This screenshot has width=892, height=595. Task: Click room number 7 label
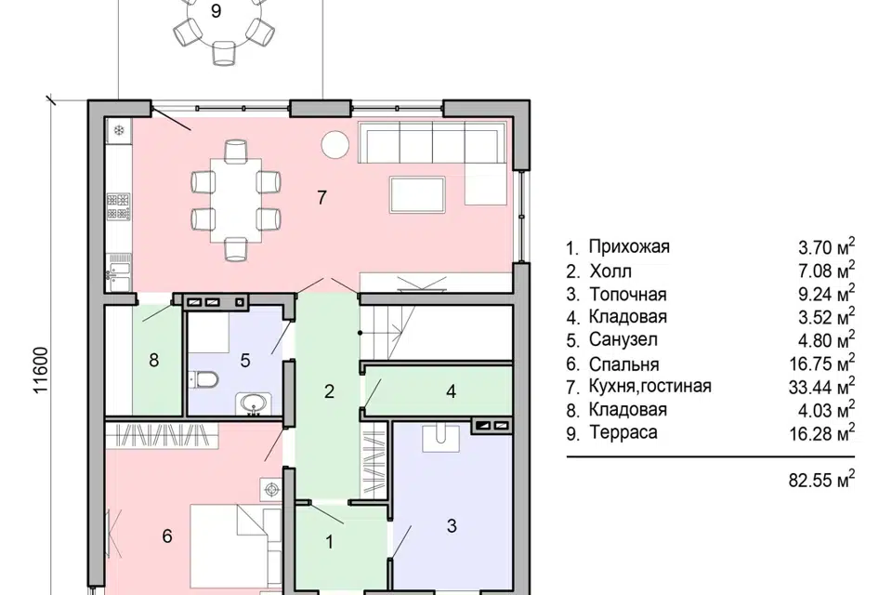pyautogui.click(x=322, y=198)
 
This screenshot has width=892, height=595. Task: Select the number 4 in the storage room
pyautogui.click(x=452, y=391)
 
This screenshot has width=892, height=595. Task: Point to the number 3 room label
pyautogui.click(x=452, y=525)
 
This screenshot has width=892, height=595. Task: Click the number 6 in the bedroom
pyautogui.click(x=167, y=535)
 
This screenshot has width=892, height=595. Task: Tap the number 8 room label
pyautogui.click(x=153, y=361)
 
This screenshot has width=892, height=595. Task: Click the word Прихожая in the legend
pyautogui.click(x=629, y=247)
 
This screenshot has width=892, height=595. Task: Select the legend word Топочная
pyautogui.click(x=627, y=295)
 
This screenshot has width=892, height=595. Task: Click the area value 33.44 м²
pyautogui.click(x=821, y=386)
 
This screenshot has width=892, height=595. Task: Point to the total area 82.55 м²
pyautogui.click(x=821, y=480)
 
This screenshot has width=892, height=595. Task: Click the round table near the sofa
pyautogui.click(x=334, y=145)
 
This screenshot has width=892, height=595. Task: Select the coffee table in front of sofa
pyautogui.click(x=417, y=194)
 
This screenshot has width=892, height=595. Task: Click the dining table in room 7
pyautogui.click(x=236, y=201)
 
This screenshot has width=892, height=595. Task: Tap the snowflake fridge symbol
pyautogui.click(x=119, y=130)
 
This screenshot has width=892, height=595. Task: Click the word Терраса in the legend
pyautogui.click(x=623, y=432)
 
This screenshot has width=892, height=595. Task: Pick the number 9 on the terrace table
pyautogui.click(x=216, y=11)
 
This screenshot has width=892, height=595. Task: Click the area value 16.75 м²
pyautogui.click(x=821, y=363)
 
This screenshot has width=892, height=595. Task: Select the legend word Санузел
pyautogui.click(x=623, y=340)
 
